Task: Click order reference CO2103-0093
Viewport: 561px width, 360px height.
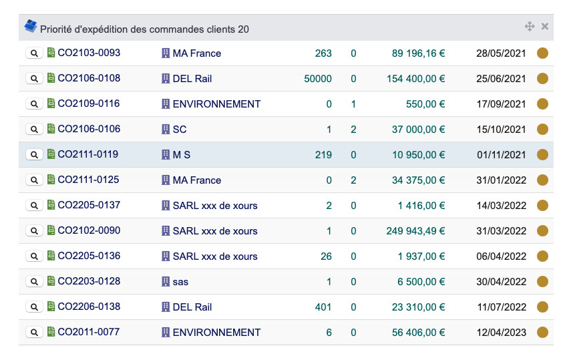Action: pyautogui.click(x=89, y=53)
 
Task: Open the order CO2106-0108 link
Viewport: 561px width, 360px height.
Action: pyautogui.click(x=89, y=78)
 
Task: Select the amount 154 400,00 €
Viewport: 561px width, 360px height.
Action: pyautogui.click(x=415, y=79)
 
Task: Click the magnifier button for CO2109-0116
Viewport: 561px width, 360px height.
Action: pyautogui.click(x=34, y=104)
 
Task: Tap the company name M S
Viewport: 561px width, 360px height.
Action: pyautogui.click(x=182, y=155)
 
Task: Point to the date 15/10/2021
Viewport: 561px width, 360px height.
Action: pyautogui.click(x=501, y=130)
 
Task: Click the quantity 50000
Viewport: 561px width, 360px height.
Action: pyautogui.click(x=317, y=79)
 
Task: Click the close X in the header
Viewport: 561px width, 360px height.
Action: pyautogui.click(x=545, y=27)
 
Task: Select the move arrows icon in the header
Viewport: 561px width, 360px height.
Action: pyautogui.click(x=530, y=27)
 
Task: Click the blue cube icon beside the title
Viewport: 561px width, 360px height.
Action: pyautogui.click(x=31, y=27)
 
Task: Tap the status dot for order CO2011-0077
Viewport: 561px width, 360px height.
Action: pyautogui.click(x=542, y=333)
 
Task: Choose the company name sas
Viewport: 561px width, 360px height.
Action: pyautogui.click(x=180, y=282)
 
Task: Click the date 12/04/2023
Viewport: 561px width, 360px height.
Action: pyautogui.click(x=501, y=333)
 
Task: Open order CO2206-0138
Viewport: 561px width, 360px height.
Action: pyautogui.click(x=89, y=307)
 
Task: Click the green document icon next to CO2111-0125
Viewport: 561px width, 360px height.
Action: pyautogui.click(x=51, y=180)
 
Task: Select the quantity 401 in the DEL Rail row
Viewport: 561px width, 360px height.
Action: pyautogui.click(x=323, y=307)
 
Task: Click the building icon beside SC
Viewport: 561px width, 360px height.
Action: pyautogui.click(x=166, y=129)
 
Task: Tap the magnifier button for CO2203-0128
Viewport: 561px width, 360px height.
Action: pyautogui.click(x=34, y=282)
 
